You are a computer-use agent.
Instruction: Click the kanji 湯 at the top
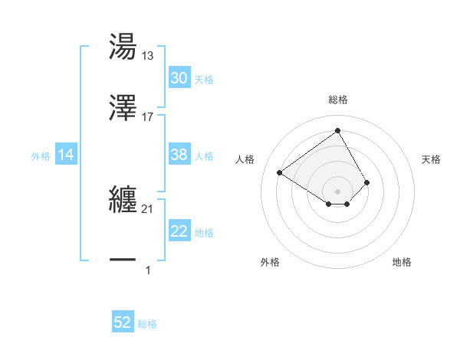[123, 47]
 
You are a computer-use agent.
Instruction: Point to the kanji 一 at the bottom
[123, 260]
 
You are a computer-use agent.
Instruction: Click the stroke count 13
[148, 56]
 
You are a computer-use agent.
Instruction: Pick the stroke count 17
[148, 116]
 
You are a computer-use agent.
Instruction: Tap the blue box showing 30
[179, 78]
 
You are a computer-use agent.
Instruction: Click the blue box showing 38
[179, 155]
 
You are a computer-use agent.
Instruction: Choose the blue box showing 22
[179, 231]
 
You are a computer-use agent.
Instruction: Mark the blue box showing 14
[66, 155]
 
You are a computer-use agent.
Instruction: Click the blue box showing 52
[123, 322]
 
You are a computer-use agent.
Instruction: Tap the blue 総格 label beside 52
[148, 324]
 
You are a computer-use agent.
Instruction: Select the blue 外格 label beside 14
[41, 156]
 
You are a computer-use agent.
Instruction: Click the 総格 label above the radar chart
[338, 100]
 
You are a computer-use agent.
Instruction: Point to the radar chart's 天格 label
[431, 159]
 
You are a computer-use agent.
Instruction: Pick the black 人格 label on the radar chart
[245, 159]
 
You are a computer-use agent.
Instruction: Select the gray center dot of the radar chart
[338, 191]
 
